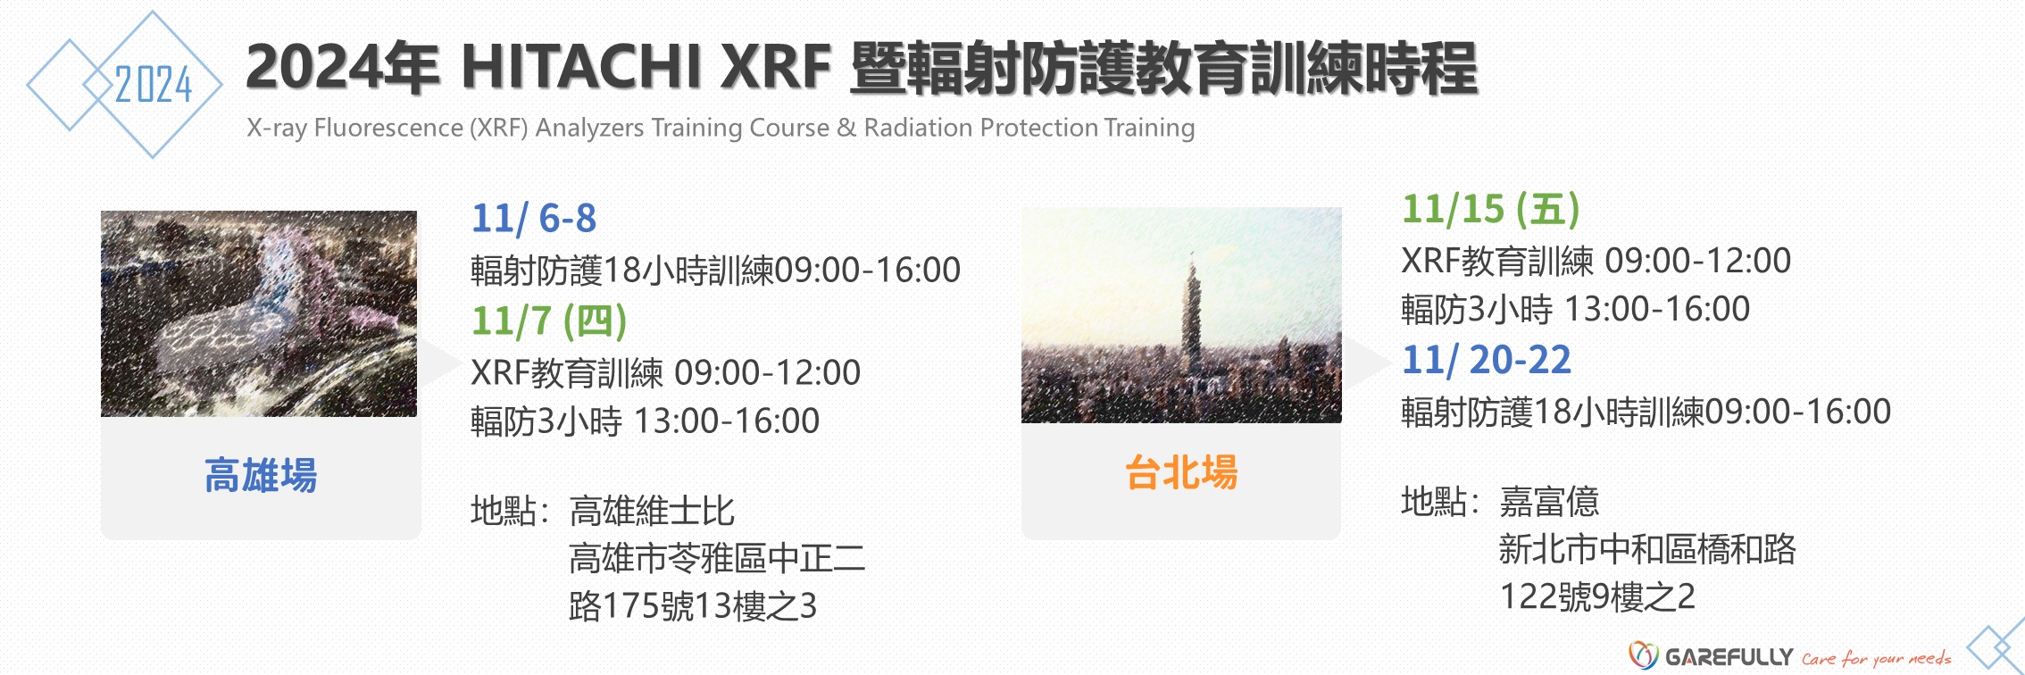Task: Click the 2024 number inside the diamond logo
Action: tap(154, 85)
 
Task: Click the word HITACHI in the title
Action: tap(581, 67)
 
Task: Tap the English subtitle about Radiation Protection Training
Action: tap(721, 128)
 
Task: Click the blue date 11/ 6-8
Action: tap(534, 219)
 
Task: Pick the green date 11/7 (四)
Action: tap(549, 321)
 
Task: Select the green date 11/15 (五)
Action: tap(1491, 210)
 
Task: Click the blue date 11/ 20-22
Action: tap(1487, 361)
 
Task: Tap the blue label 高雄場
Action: tap(261, 475)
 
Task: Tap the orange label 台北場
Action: tap(1181, 472)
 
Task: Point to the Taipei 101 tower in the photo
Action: tap(1191, 321)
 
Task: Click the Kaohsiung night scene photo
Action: tap(259, 313)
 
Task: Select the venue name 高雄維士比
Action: tap(652, 512)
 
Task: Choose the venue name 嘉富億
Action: tap(1549, 502)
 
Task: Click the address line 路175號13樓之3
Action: tap(693, 606)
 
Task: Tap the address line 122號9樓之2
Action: tap(1597, 596)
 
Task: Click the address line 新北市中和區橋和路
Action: tap(1647, 549)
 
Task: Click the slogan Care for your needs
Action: tap(1876, 659)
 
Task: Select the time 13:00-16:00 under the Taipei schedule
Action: tap(1657, 309)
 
